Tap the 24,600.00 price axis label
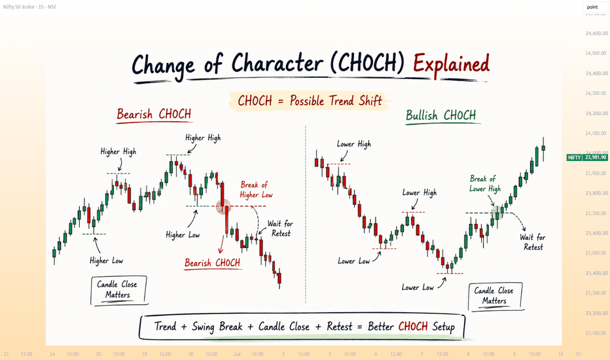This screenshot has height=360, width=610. point(596,33)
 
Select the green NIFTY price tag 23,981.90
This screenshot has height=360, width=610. point(586,157)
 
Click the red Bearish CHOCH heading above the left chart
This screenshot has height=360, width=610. point(154,115)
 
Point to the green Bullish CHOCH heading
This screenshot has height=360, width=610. point(440,116)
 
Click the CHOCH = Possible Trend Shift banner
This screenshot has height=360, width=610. point(310,101)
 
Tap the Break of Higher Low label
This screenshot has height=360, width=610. point(256,190)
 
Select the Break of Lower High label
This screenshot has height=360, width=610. point(485,184)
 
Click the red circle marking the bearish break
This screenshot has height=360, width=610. point(224,207)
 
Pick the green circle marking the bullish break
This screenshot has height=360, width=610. point(497,213)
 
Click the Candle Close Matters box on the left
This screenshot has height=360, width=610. point(118,291)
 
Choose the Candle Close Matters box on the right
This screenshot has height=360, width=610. point(495,296)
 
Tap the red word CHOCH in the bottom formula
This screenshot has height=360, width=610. point(413,326)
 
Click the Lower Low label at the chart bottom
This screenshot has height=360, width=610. point(418,287)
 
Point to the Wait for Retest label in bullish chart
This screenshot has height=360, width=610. point(533,242)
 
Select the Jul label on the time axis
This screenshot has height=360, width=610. point(238,354)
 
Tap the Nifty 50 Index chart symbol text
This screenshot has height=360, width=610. point(29,7)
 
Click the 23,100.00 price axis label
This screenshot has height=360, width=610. point(596,333)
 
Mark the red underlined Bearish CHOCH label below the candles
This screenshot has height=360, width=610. point(213,264)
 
